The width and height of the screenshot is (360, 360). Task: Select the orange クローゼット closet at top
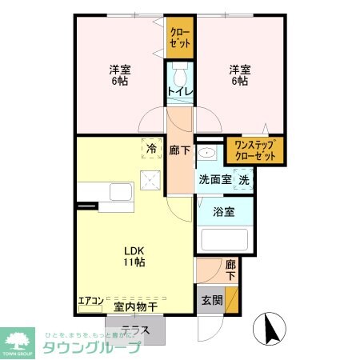tap(179, 38)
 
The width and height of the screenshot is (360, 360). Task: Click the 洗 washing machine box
tap(244, 180)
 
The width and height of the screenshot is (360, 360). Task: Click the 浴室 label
tap(223, 212)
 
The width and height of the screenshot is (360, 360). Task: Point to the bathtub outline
tap(224, 242)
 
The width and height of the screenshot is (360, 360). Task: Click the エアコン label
tap(89, 302)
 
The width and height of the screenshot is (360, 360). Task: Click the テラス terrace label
tap(135, 329)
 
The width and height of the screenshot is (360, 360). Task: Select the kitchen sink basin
tap(120, 192)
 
